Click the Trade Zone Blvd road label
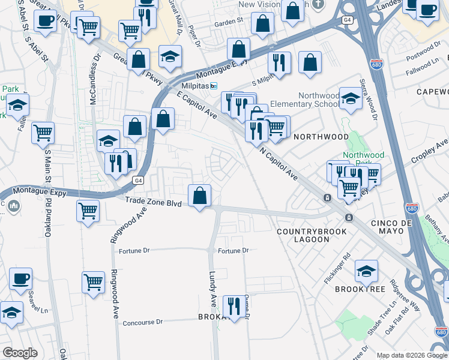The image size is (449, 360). click(153, 204)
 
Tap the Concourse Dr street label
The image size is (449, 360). click(142, 322)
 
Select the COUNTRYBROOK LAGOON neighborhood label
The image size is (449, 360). click(303, 235)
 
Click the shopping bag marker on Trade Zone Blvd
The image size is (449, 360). click(199, 196)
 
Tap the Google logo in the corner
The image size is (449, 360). click(20, 353)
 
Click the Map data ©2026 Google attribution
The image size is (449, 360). click(412, 355)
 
